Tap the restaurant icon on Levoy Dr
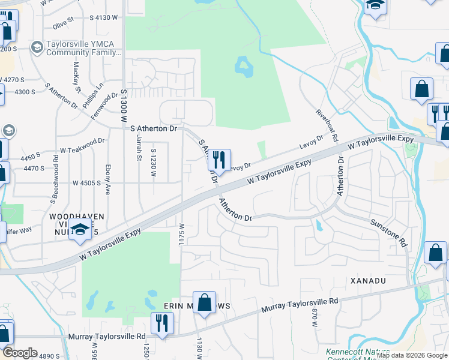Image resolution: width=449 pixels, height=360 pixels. pos(219,159)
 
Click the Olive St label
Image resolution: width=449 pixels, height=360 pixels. pos(63,23)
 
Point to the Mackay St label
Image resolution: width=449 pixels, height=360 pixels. pos(77,77)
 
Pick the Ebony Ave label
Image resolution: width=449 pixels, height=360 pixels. pos(108,180)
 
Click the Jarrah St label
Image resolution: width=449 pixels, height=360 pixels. pos(139,146)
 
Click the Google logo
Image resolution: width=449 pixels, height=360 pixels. pos(20,353)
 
